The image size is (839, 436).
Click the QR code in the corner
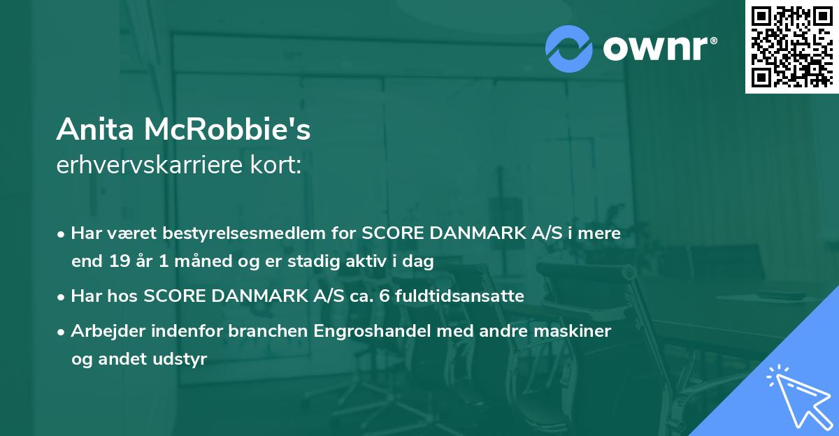tap(791, 46)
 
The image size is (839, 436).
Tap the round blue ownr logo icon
tap(569, 48)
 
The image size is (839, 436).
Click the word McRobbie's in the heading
tap(228, 129)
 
